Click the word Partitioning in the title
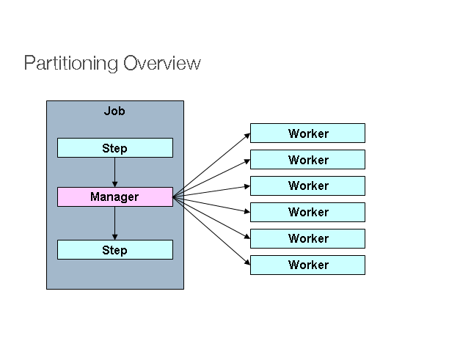pos(71,63)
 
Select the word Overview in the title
pos(162,63)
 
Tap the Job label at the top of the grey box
pos(114,111)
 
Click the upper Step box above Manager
pos(115,148)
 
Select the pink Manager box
pos(115,196)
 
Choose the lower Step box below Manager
pos(115,250)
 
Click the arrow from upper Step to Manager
pos(115,172)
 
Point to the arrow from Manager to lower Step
pos(115,223)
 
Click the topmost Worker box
pos(307,133)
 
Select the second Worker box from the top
pos(307,160)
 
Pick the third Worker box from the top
pos(307,185)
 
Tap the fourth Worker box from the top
pos(307,212)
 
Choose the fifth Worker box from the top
pos(307,238)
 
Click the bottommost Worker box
pos(307,265)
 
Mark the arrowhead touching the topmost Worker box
pos(247,135)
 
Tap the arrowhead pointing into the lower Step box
pos(115,237)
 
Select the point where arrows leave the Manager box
pos(174,196)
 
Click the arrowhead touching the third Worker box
pos(247,186)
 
